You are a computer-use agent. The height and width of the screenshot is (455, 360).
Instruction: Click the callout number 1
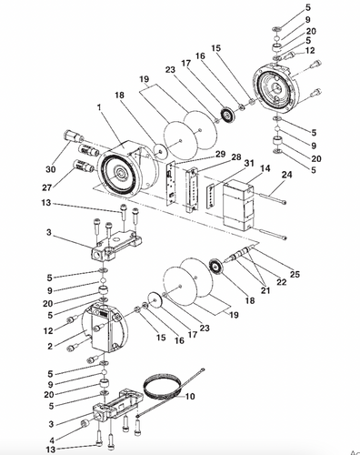[x=98, y=107]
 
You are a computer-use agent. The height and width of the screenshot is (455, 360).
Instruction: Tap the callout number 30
[x=51, y=169]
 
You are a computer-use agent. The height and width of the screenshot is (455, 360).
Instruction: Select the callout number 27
[x=47, y=187]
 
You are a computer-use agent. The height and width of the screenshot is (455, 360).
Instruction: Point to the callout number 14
[x=265, y=168]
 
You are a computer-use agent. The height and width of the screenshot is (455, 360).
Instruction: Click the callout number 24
[x=286, y=175]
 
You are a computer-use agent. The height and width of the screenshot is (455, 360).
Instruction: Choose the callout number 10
[x=190, y=397]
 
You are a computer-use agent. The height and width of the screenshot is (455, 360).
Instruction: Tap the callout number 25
[x=294, y=274]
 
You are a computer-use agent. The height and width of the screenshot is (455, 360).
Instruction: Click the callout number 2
[x=50, y=347]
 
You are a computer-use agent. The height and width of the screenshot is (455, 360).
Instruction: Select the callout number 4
[x=52, y=440]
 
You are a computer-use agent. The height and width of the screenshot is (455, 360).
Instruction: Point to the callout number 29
[x=220, y=154]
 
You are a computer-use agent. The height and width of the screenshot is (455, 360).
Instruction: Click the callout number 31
[x=249, y=164]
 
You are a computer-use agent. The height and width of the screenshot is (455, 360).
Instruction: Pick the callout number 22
[x=282, y=282]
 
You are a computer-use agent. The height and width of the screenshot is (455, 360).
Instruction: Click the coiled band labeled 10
[x=162, y=389]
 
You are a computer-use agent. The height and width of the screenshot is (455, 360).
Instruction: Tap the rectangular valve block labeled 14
[x=238, y=204]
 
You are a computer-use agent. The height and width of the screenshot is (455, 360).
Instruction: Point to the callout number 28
[x=236, y=157]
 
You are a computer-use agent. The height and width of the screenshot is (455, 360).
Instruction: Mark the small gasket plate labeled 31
[x=211, y=197]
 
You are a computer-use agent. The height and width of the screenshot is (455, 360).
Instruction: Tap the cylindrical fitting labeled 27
[x=85, y=166]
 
